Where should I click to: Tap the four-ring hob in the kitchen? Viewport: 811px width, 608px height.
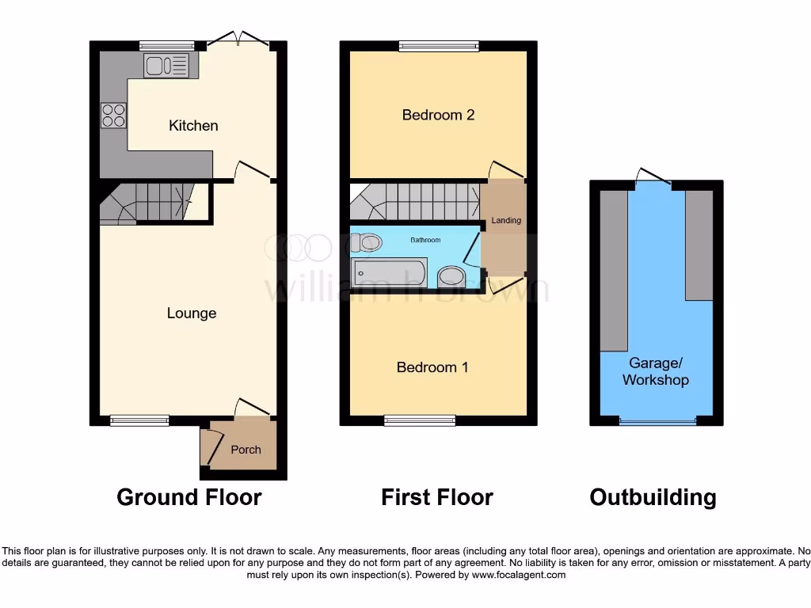coord(112,116)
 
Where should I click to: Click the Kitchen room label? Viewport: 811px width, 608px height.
coord(193,126)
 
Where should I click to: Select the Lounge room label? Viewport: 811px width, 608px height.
coord(192,313)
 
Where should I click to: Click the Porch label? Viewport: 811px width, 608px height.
coord(246,450)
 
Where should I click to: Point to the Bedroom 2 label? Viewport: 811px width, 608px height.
coord(438,115)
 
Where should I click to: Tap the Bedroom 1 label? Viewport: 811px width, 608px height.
coord(432,367)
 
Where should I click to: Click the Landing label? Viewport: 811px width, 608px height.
coord(506,220)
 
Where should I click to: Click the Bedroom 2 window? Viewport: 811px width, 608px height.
coord(439,46)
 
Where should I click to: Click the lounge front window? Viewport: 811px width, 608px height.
coord(139,420)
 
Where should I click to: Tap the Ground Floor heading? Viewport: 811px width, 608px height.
coord(188,497)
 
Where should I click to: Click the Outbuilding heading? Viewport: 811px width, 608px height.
coord(653,497)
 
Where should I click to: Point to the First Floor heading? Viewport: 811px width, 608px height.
coord(437,497)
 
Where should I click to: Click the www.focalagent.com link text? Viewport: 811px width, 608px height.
coord(520,576)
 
